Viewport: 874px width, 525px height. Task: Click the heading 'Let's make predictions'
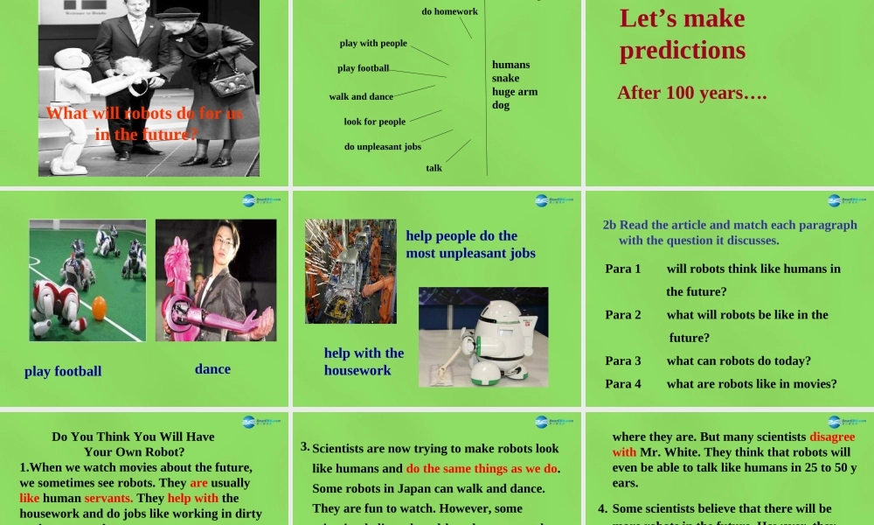tap(683, 34)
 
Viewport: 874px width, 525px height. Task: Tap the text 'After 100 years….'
tap(692, 93)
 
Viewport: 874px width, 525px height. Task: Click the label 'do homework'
tap(449, 11)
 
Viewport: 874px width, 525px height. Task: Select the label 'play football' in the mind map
tap(363, 68)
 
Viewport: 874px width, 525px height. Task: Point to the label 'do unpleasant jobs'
tap(382, 146)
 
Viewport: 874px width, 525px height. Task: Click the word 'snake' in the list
tap(505, 78)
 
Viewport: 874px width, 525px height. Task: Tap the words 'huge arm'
tap(514, 92)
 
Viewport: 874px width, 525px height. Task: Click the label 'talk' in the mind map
tap(434, 167)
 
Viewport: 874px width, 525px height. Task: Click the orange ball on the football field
tap(99, 309)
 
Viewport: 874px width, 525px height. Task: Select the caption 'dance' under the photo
tap(212, 369)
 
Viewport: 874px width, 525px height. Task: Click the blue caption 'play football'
tap(63, 371)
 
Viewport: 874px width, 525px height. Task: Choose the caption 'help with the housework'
tap(364, 361)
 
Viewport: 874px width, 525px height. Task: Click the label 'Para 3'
tap(623, 360)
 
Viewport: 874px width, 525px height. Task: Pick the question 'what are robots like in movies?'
tap(752, 383)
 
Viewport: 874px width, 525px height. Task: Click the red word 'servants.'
tap(108, 498)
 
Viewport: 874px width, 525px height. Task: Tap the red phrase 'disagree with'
tap(734, 444)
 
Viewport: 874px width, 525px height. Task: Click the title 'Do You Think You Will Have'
tap(133, 437)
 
